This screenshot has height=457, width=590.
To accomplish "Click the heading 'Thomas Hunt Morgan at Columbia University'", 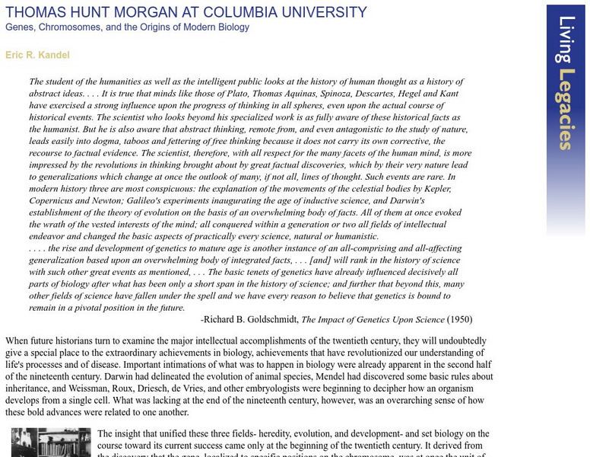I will coord(186,12).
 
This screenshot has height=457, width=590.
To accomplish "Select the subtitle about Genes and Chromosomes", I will coord(127,27).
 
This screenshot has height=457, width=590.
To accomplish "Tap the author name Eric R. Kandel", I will coord(37,55).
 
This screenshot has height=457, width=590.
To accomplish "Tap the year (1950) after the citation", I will coord(459,320).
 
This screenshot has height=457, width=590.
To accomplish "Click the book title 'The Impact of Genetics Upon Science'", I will coord(373,320).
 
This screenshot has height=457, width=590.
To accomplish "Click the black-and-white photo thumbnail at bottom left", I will coord(51,443).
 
